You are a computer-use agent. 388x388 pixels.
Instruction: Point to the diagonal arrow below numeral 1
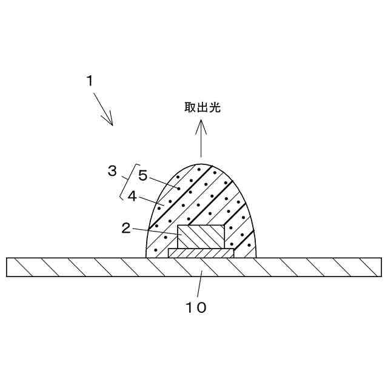(103, 112)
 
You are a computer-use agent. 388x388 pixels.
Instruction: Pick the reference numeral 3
(112, 171)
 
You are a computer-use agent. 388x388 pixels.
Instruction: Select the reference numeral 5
(142, 176)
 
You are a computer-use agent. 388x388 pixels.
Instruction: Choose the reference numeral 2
(125, 228)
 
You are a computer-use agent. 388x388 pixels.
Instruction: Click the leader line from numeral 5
(164, 181)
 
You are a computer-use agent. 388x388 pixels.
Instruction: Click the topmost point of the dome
(201, 162)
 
